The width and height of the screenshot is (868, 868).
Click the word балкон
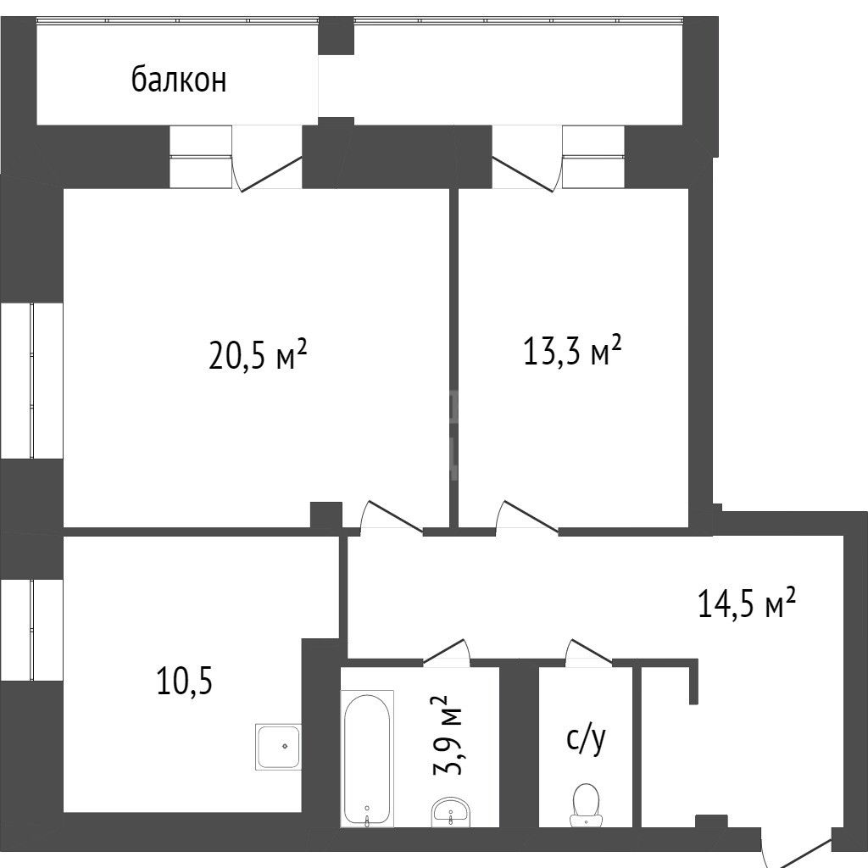pyautogui.click(x=179, y=80)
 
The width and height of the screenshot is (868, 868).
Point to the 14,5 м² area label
pyautogui.click(x=747, y=603)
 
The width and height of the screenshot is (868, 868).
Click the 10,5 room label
pyautogui.click(x=185, y=681)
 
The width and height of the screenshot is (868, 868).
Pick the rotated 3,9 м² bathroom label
pyautogui.click(x=448, y=736)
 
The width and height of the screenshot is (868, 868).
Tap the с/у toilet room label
pyautogui.click(x=587, y=739)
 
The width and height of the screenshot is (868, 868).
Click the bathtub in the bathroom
pyautogui.click(x=366, y=759)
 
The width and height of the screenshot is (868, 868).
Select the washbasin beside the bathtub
pyautogui.click(x=450, y=812)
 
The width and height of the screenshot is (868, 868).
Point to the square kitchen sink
pyautogui.click(x=278, y=746)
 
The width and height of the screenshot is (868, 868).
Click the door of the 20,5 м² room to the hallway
pyautogui.click(x=392, y=518)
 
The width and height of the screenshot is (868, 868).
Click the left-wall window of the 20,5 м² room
pyautogui.click(x=31, y=381)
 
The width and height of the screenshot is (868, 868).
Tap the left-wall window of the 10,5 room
pyautogui.click(x=31, y=630)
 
